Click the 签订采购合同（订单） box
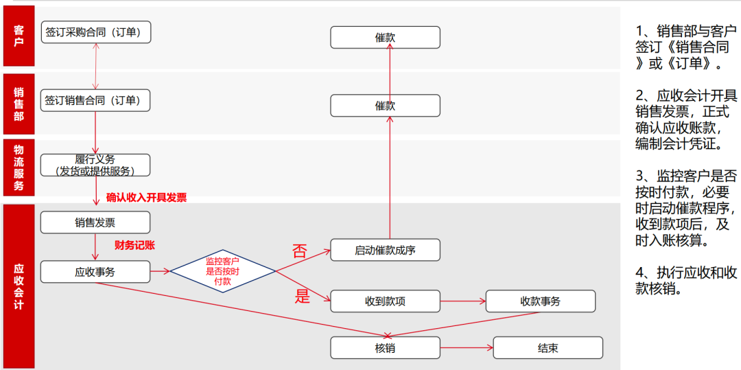point(95,32)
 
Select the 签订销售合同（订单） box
point(95,100)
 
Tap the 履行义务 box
point(95,165)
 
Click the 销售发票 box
point(95,222)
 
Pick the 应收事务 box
point(95,272)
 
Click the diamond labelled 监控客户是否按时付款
point(222,271)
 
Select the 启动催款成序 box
point(385,251)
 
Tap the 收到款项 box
point(385,301)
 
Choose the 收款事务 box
point(540,301)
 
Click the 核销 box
point(385,348)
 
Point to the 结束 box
point(548,348)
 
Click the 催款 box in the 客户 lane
point(385,38)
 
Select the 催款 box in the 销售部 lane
point(385,106)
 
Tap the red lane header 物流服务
point(19,167)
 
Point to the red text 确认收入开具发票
point(146,198)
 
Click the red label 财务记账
point(139,244)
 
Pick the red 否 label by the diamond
point(300,251)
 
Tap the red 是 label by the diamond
point(303,297)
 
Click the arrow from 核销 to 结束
point(466,348)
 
